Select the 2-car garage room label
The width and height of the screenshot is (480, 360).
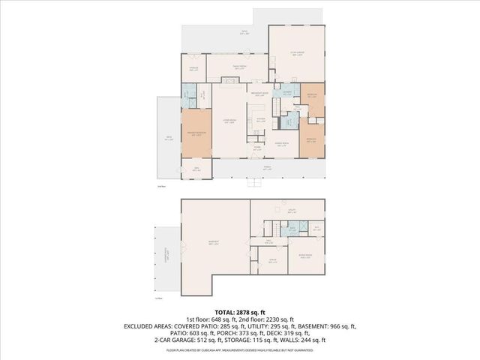coord(296,54)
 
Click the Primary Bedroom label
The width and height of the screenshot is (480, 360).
coord(196,134)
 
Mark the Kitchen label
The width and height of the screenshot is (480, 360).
coord(260,120)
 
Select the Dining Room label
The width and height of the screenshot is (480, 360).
coord(281,144)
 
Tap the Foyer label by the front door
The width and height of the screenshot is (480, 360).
coord(256,148)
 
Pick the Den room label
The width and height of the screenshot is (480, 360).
coord(196,169)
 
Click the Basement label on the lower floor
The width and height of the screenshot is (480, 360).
coord(214,242)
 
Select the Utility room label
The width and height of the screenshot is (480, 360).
coord(292,211)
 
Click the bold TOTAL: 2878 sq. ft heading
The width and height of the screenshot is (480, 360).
coord(239,312)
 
